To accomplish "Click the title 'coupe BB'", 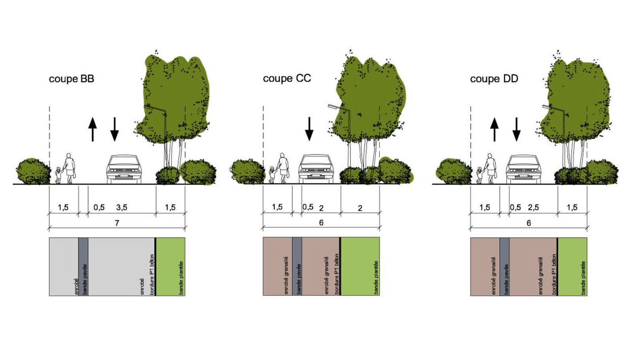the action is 72,79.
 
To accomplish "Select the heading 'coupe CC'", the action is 287,79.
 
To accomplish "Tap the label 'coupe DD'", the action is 494,79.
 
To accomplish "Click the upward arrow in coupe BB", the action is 92,129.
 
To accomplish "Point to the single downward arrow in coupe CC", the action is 309,129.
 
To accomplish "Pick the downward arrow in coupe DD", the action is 516,129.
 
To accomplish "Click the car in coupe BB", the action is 124,169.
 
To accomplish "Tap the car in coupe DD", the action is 523,169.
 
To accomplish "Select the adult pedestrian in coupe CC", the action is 283,168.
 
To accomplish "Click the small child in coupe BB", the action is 58,175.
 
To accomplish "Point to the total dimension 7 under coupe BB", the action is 117,223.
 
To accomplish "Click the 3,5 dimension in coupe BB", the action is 122,207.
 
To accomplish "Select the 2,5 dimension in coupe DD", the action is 533,207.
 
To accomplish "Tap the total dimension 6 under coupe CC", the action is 321,223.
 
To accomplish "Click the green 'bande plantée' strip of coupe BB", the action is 171,267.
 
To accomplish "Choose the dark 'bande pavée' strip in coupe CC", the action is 297,266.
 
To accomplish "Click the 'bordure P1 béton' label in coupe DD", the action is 554,275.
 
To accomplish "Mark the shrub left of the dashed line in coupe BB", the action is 34,172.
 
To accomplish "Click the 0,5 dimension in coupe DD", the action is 516,207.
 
